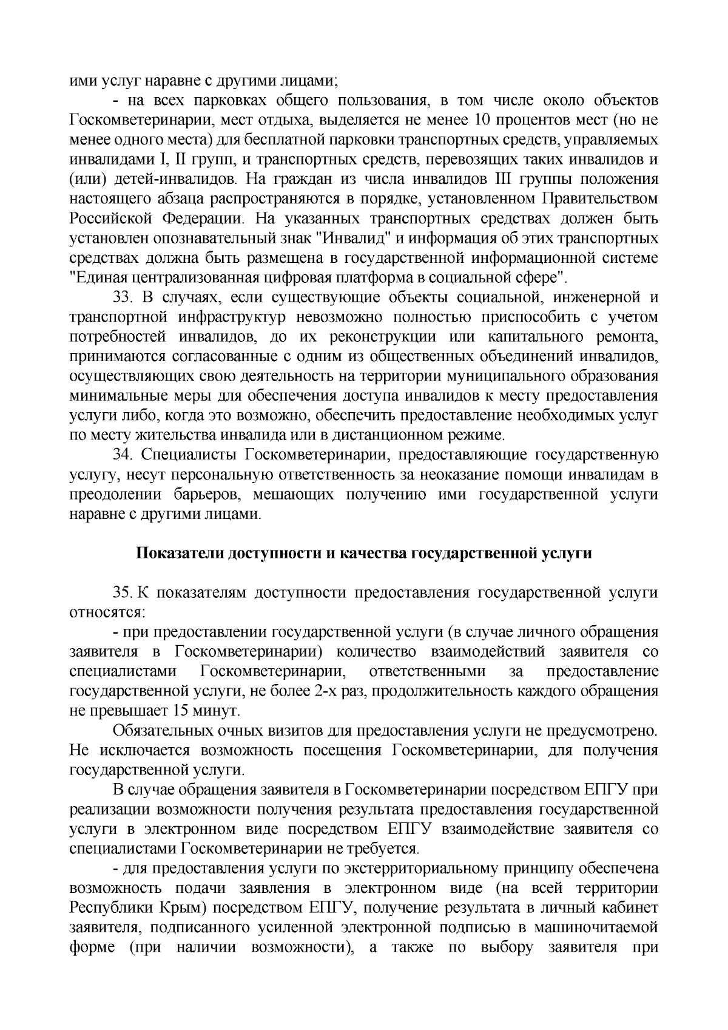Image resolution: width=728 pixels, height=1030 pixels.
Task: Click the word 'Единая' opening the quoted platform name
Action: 96,277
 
